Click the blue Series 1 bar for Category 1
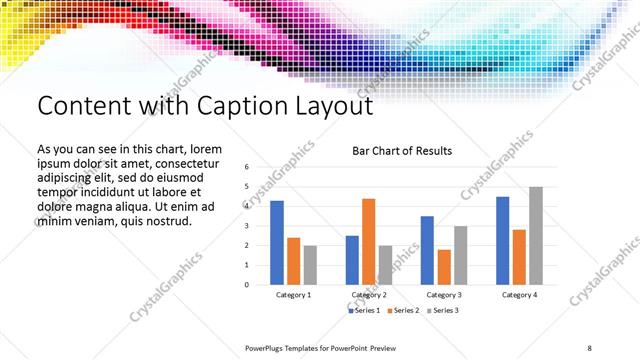tap(277, 243)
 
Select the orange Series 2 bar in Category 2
tap(368, 241)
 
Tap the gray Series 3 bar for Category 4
tap(536, 236)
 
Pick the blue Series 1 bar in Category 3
tap(427, 250)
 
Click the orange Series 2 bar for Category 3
tap(444, 267)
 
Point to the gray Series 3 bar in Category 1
tap(310, 265)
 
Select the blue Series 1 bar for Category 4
tap(502, 240)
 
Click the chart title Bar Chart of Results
tap(402, 151)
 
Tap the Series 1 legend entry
tap(366, 311)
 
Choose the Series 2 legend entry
tap(404, 311)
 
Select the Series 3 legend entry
tap(442, 311)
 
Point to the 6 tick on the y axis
tap(246, 168)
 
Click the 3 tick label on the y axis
tap(246, 226)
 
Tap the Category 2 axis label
tap(368, 295)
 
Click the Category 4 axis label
tap(519, 295)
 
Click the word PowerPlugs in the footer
tap(268, 347)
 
